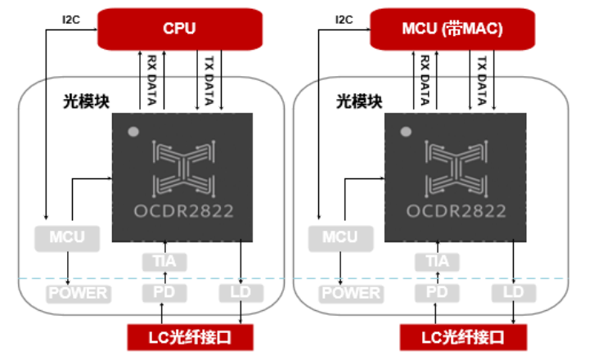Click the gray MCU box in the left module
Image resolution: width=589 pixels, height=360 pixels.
click(x=66, y=238)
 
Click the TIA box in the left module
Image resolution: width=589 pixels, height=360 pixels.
click(x=164, y=262)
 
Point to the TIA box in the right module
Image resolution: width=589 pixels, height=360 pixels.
click(x=437, y=262)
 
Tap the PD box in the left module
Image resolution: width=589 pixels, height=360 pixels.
click(x=164, y=292)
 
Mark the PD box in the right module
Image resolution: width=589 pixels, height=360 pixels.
click(x=437, y=292)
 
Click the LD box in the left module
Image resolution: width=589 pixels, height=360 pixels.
click(x=241, y=292)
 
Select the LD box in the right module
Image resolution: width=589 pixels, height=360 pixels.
click(x=513, y=292)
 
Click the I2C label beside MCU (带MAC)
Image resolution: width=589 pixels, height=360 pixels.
click(x=344, y=19)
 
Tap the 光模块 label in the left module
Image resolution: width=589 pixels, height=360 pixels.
click(x=86, y=101)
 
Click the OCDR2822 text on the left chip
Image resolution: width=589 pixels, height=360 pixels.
click(x=184, y=211)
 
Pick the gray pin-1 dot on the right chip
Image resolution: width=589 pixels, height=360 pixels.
click(x=405, y=131)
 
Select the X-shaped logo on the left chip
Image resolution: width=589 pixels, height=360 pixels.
click(x=184, y=168)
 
